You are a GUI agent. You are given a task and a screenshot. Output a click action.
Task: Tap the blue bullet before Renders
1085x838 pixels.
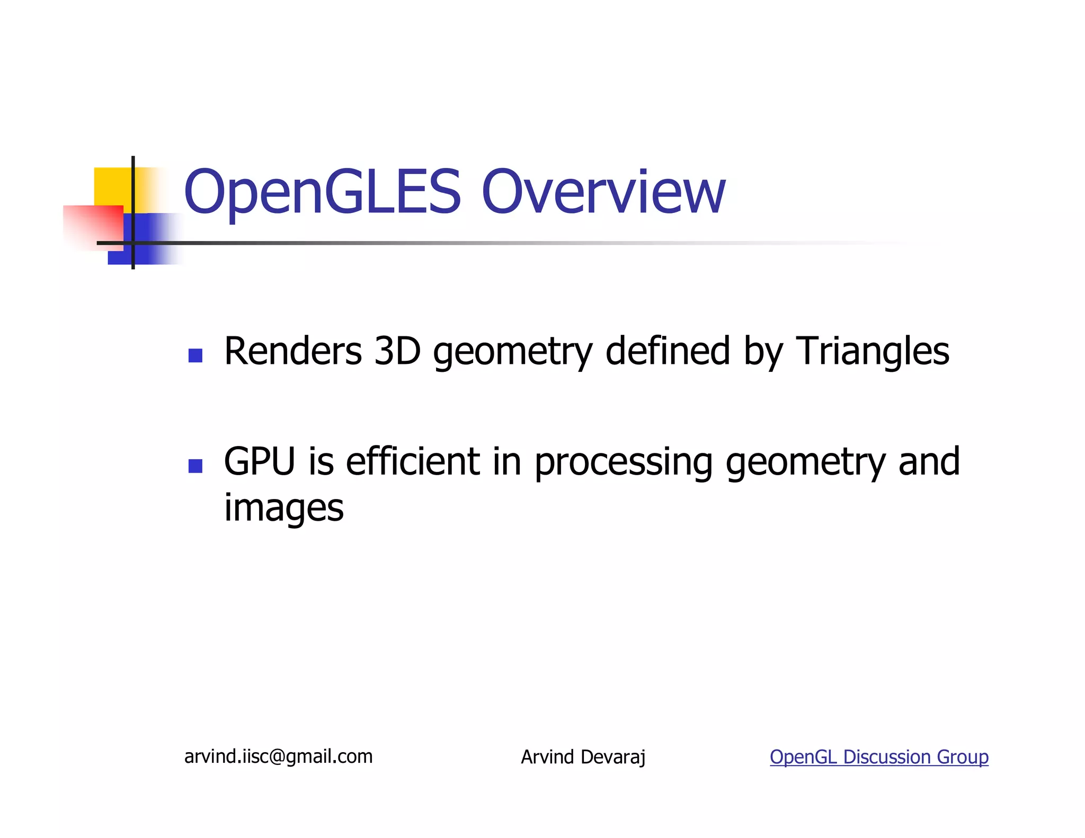pos(195,355)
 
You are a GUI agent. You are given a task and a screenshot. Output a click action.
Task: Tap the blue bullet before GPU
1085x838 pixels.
pos(195,466)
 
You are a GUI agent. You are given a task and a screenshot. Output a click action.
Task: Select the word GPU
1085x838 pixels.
pos(259,461)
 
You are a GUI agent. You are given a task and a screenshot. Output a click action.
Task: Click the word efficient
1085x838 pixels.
pos(413,461)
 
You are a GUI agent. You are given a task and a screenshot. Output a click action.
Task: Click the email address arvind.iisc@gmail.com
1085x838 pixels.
pos(278,756)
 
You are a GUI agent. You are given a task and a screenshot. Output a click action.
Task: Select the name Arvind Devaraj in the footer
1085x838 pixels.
pos(583,757)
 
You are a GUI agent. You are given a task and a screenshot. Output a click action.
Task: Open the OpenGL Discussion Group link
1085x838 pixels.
pos(879,757)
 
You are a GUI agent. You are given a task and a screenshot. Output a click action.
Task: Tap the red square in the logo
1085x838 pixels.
pos(93,225)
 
